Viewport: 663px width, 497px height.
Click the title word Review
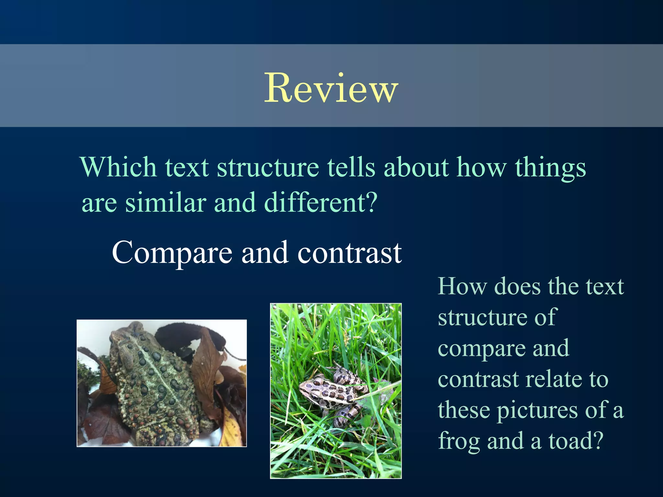pos(331,88)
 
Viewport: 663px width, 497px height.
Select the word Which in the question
pos(118,167)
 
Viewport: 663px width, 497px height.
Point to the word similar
pos(165,203)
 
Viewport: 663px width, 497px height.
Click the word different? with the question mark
pos(320,203)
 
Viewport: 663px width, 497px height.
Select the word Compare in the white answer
pos(172,253)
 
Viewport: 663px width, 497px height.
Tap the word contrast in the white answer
pos(349,253)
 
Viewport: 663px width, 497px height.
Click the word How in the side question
pos(462,287)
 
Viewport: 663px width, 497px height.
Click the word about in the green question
pos(416,167)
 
